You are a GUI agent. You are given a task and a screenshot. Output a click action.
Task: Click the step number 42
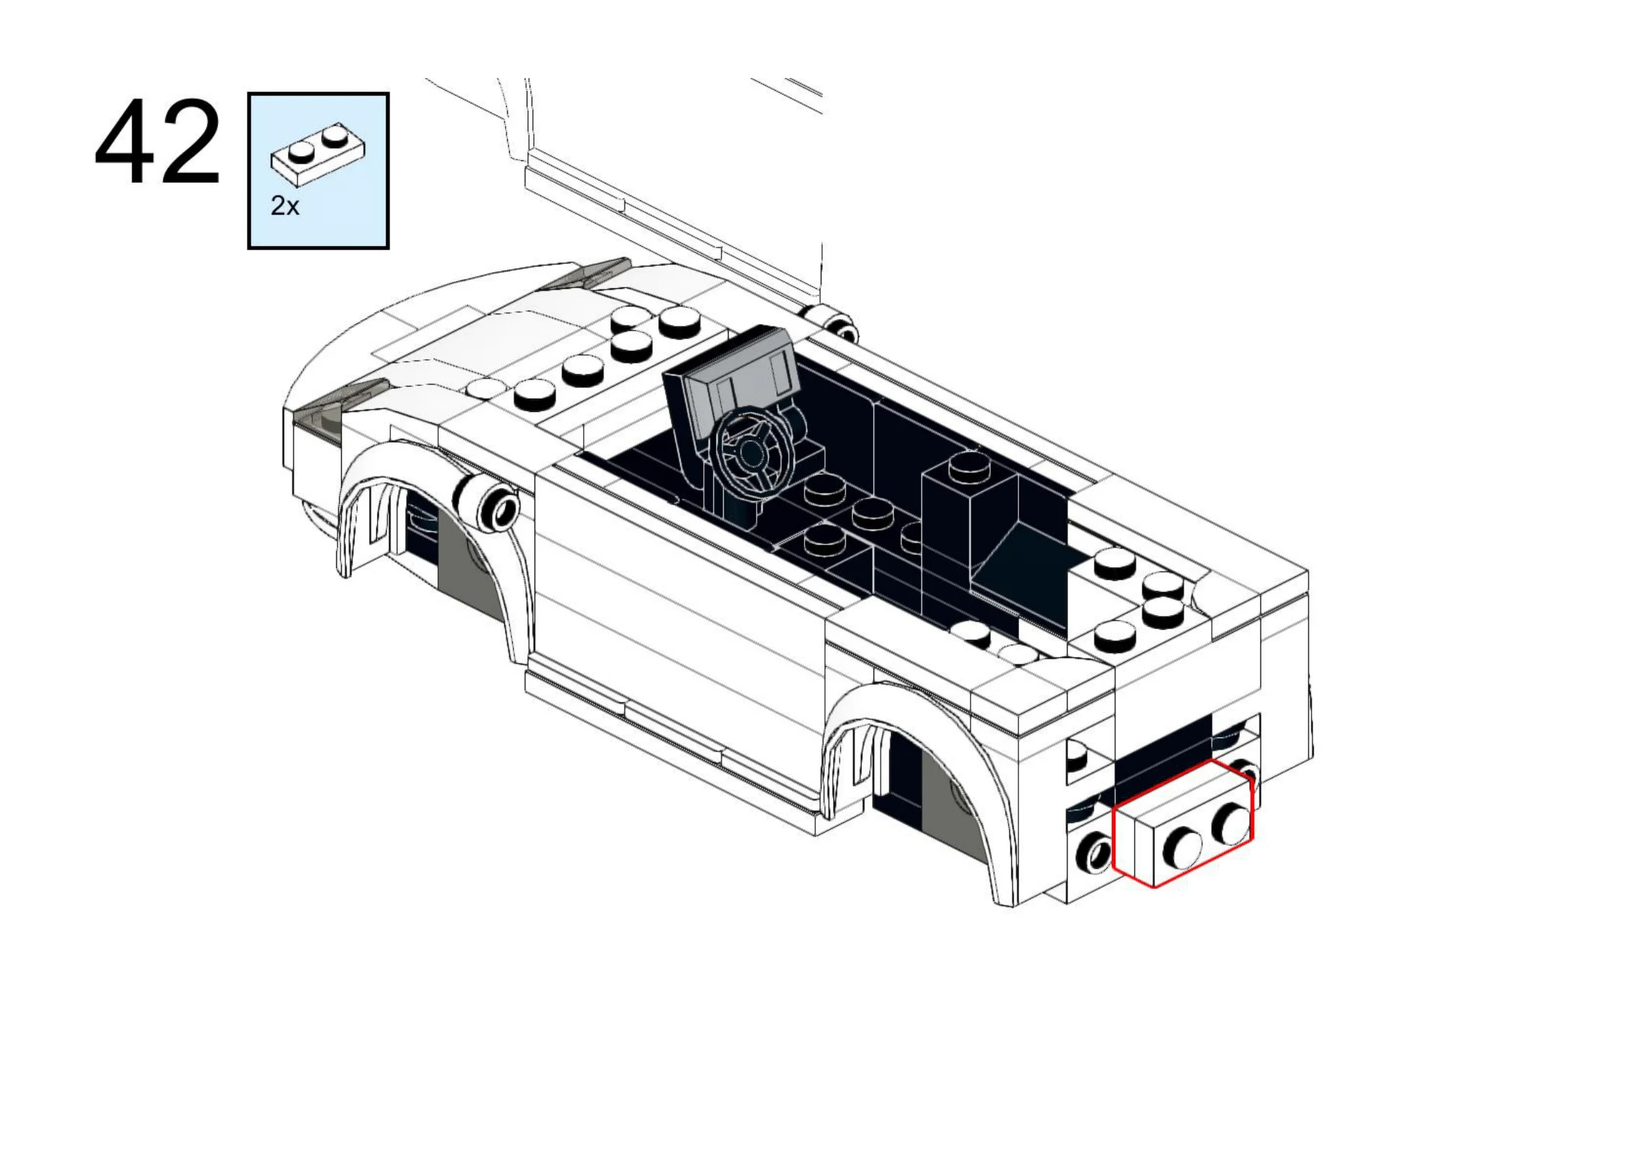point(157,143)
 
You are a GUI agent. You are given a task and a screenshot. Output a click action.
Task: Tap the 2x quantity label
point(283,206)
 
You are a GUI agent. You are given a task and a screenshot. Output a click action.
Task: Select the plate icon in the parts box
point(317,154)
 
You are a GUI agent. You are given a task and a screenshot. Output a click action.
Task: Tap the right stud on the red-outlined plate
point(1231,823)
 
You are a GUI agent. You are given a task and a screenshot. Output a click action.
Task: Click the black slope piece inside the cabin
point(1018,566)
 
